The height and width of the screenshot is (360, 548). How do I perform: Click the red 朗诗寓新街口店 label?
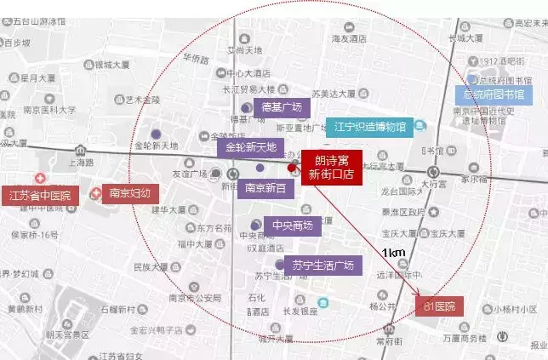[331, 166]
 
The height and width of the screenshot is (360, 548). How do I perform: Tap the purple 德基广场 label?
[281, 107]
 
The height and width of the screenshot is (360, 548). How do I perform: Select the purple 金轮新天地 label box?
[250, 147]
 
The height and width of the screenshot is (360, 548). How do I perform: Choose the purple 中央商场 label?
[291, 226]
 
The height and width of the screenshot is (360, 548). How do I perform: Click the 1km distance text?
[393, 253]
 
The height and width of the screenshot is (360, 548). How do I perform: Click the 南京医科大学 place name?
[50, 109]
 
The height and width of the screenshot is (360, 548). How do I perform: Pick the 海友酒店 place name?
[349, 38]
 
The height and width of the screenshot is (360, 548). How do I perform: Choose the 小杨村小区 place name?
[516, 310]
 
